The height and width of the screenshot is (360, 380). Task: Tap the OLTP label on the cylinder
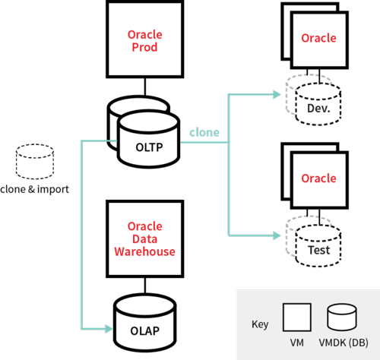[x=149, y=147]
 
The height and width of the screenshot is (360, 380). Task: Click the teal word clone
[x=204, y=132]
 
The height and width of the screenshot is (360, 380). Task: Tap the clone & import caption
[x=34, y=189]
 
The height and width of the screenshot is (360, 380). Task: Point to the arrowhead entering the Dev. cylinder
[x=277, y=94]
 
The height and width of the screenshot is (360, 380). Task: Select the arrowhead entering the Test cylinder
[x=277, y=235]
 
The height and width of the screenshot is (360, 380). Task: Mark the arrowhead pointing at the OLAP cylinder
[x=109, y=329]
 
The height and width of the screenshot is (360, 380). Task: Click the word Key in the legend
[x=260, y=324]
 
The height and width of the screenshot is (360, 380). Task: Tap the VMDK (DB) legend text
[x=344, y=343]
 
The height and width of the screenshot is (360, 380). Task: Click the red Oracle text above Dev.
[x=318, y=38]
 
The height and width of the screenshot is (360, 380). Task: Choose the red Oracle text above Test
[x=318, y=178]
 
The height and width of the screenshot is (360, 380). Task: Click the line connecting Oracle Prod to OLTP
[x=145, y=87]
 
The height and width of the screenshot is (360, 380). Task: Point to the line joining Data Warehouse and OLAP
[x=145, y=286]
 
